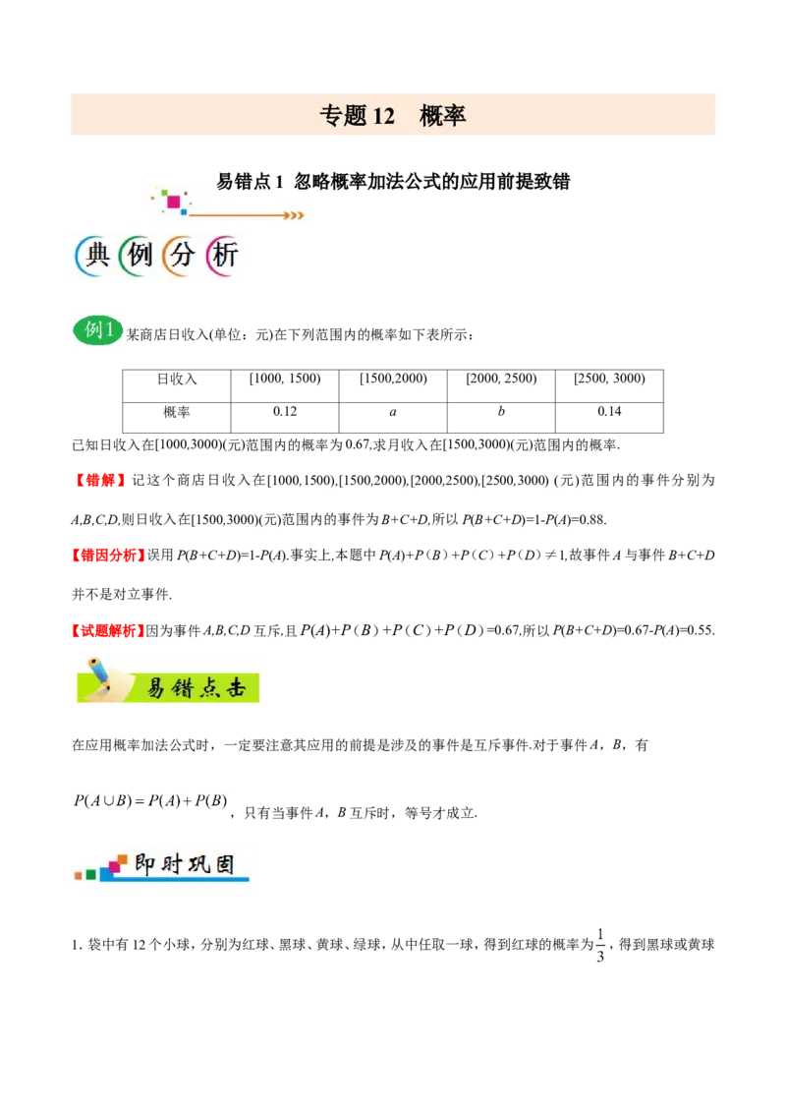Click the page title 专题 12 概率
click(392, 115)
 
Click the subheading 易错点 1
click(250, 182)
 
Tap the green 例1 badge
click(97, 330)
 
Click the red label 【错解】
click(99, 481)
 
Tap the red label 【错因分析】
click(108, 556)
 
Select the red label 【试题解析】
click(108, 630)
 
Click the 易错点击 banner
click(168, 681)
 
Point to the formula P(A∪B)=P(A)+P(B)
click(150, 801)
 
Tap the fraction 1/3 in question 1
click(600, 945)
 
